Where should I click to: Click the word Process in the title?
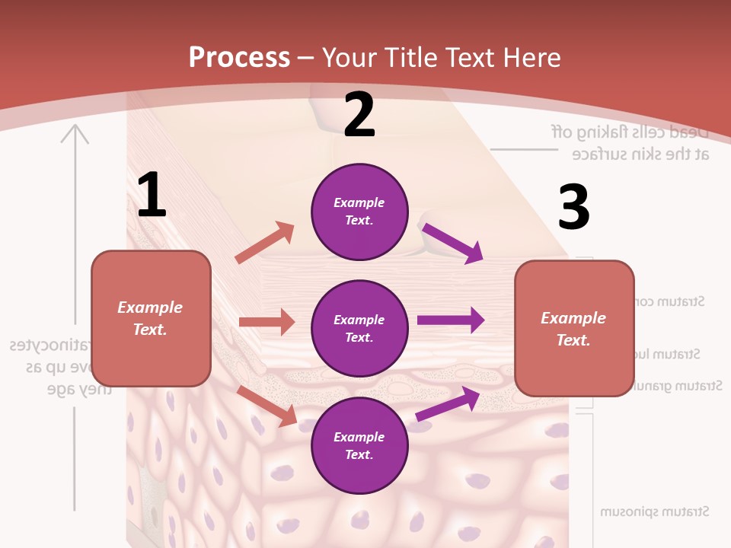coord(239,58)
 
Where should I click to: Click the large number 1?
coord(152,196)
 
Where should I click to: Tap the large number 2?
coord(359,116)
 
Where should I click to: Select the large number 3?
coord(574,209)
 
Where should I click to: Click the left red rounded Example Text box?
coord(151,318)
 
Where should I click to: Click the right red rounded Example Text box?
coord(573,329)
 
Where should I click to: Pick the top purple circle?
coord(359,212)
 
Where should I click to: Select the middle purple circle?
coord(359,328)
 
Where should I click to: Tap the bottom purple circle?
coord(359,445)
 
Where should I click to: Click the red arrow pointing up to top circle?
coord(265,243)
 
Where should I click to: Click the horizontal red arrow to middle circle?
coord(267,322)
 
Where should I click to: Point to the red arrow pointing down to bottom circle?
coord(267,405)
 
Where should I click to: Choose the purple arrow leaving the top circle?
coord(452,243)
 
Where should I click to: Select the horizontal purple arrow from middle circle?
coord(451,320)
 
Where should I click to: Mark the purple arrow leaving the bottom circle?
coord(448,404)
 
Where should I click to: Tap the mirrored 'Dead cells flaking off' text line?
coord(630,131)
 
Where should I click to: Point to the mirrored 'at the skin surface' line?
coord(640,155)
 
